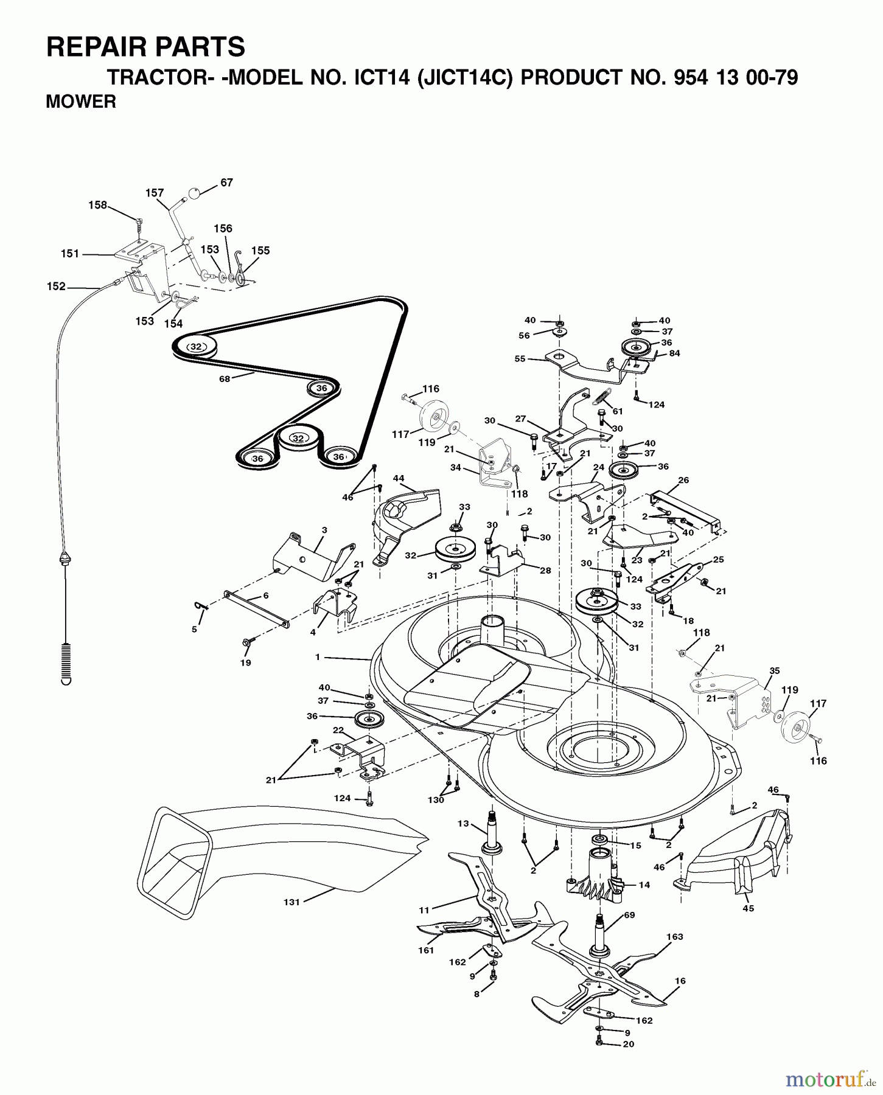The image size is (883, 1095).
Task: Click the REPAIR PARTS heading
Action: [145, 47]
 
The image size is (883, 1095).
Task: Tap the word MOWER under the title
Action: [81, 102]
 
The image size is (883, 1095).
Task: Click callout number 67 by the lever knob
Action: [226, 182]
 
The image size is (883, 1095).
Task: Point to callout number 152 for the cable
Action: [56, 286]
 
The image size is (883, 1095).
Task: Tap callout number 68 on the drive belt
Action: [225, 379]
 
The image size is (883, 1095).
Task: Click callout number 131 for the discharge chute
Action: [291, 902]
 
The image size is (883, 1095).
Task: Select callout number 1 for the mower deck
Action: [318, 657]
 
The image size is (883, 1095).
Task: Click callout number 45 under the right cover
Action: [748, 908]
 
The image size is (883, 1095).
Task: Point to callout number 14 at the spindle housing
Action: [644, 885]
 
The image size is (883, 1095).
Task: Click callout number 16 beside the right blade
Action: [680, 981]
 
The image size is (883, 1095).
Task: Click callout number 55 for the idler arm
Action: [520, 359]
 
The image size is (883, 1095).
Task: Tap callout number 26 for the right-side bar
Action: [683, 480]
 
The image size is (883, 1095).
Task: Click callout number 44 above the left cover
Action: [399, 478]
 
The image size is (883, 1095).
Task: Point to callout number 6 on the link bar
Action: [265, 596]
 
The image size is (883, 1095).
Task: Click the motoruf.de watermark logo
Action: [830, 1080]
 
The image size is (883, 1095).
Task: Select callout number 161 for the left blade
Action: [426, 950]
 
